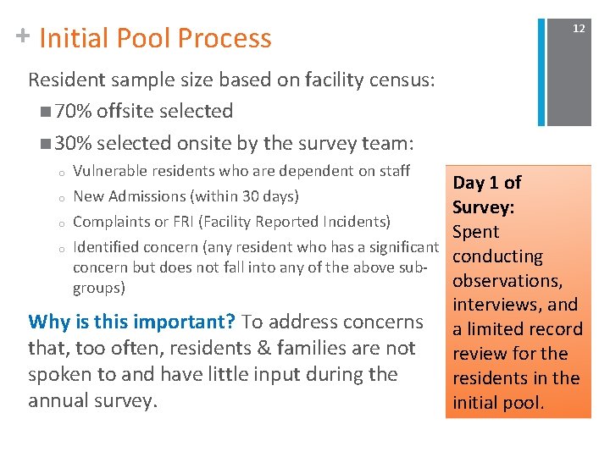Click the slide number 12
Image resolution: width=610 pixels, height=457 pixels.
point(579,29)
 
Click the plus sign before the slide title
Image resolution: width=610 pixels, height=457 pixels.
point(23,36)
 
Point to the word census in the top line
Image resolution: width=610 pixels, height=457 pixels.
point(400,80)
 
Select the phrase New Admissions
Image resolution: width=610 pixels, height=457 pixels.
point(130,196)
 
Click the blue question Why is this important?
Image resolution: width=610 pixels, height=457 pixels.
point(132,322)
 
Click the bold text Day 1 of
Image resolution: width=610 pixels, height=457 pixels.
point(487,183)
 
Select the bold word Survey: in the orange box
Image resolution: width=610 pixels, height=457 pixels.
point(484,207)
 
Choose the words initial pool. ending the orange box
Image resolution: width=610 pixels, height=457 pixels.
point(499,403)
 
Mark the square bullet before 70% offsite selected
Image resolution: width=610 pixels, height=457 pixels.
point(44,113)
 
